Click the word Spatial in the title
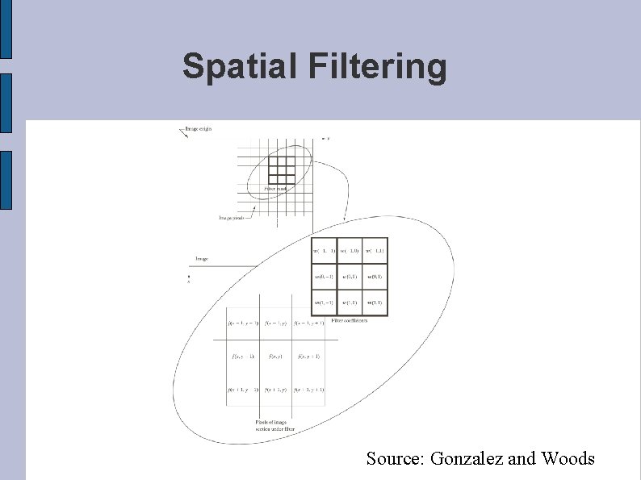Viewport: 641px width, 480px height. [241, 66]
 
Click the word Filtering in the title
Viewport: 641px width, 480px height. [377, 67]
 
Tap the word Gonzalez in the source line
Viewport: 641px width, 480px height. [467, 459]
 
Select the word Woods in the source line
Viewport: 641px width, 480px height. [568, 459]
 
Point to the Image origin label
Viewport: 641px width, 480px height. [198, 128]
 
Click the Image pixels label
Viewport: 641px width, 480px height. [233, 217]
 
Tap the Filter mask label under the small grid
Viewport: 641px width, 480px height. [275, 189]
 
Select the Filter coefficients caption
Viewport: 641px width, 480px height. [350, 320]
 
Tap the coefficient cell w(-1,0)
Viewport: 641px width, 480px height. [350, 251]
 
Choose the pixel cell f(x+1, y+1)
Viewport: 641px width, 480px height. [310, 390]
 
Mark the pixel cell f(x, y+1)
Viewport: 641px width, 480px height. [310, 357]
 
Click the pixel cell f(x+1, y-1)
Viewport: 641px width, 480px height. [242, 390]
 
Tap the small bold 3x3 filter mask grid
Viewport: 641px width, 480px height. [282, 169]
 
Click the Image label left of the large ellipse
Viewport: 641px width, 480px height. [201, 259]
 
